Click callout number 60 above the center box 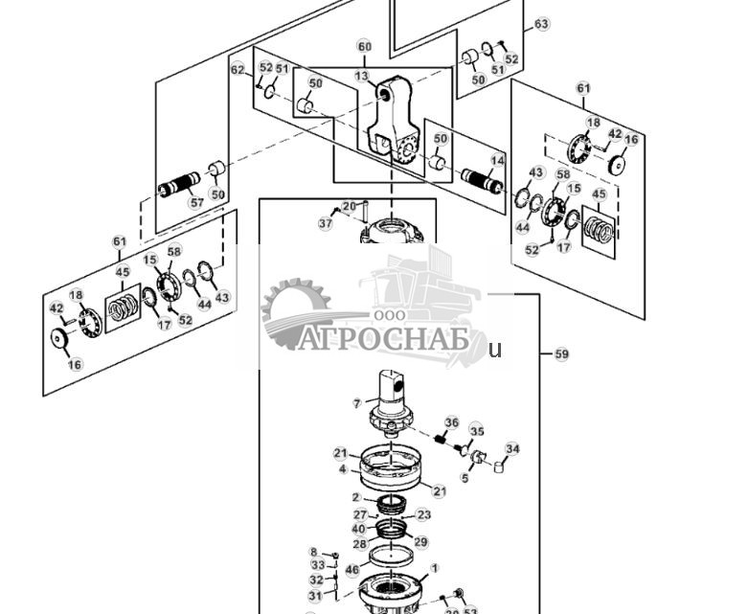[364, 46]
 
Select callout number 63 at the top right [542, 24]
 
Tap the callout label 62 [238, 69]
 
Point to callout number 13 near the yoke [361, 76]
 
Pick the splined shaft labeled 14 [483, 179]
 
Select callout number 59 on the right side [562, 354]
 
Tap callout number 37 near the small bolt [325, 223]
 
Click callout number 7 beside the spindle [356, 403]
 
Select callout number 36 [452, 422]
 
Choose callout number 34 [512, 448]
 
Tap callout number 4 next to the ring [342, 469]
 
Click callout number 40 [358, 528]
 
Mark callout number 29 [419, 541]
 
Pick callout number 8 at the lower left [312, 553]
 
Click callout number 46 [351, 570]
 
